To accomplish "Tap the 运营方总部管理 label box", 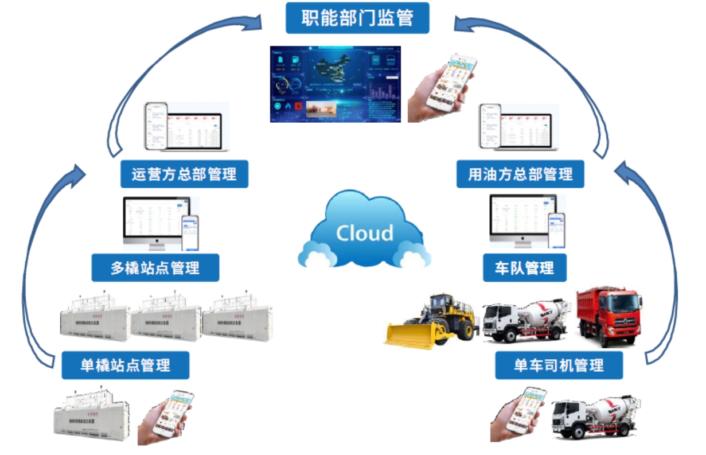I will (184, 174).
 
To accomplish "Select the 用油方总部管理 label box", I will (520, 174).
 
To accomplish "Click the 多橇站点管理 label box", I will (155, 267).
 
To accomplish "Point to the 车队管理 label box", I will (524, 267).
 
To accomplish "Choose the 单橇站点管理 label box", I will (125, 365).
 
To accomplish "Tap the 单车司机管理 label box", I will (559, 365).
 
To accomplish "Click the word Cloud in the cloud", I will (364, 233).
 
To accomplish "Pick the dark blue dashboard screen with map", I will (336, 84).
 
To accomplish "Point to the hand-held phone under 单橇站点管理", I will (166, 416).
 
